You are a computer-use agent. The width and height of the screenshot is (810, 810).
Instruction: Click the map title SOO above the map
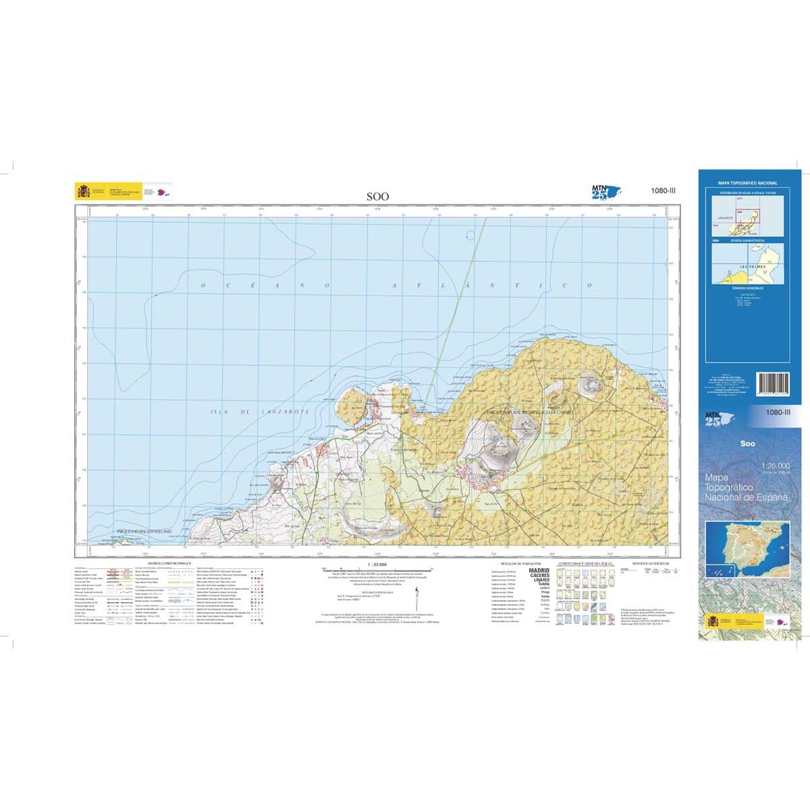pos(377,196)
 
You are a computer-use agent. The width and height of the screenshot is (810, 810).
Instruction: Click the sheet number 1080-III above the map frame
pos(663,191)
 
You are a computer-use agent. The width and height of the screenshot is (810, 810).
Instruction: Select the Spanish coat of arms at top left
pos(84,191)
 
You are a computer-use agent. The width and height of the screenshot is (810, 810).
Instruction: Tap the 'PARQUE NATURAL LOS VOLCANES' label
pos(135,532)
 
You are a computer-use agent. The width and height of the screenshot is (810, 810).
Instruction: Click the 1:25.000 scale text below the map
pos(377,563)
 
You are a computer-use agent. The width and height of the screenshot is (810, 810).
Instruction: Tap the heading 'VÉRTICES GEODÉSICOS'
pos(650,562)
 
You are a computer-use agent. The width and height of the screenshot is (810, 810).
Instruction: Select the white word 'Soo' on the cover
pos(747,443)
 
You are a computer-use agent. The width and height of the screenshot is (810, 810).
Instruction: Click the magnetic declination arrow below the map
pos(418,598)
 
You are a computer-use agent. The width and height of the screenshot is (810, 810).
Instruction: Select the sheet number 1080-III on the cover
pos(778,412)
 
